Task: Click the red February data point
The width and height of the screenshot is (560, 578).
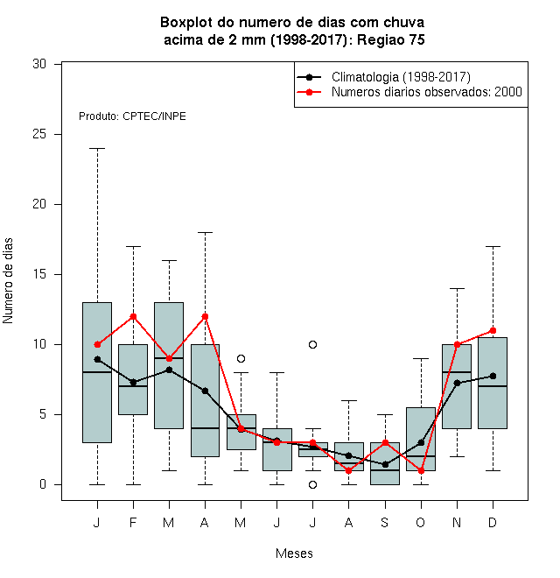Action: [133, 317]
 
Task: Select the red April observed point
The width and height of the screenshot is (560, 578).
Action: [206, 317]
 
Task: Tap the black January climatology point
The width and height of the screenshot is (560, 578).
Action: [98, 359]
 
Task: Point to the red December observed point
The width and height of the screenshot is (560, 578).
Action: [493, 331]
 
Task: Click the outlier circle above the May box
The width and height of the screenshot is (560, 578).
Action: [241, 359]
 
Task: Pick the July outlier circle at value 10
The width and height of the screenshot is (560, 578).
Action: [312, 345]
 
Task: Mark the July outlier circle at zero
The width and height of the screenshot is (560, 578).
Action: [312, 485]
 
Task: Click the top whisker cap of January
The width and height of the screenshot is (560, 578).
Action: [98, 149]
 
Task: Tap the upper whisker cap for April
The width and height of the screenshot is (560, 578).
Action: [206, 233]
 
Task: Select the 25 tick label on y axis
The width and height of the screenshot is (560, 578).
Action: [39, 134]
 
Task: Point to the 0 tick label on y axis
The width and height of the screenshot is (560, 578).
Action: [43, 484]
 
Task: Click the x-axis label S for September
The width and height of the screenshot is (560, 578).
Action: [385, 523]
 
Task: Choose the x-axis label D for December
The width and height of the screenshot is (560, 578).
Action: [493, 523]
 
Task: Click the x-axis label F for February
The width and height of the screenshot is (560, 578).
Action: [133, 523]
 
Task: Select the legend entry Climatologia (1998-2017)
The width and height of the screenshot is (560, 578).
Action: [401, 77]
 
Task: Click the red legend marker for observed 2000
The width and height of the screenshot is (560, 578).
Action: [309, 92]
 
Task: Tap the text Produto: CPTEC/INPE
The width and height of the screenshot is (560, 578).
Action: [132, 116]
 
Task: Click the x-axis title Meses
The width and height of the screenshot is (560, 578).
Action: [294, 553]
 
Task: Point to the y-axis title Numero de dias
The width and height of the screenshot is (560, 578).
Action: [8, 281]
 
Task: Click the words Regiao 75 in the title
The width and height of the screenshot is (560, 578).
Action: [391, 39]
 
